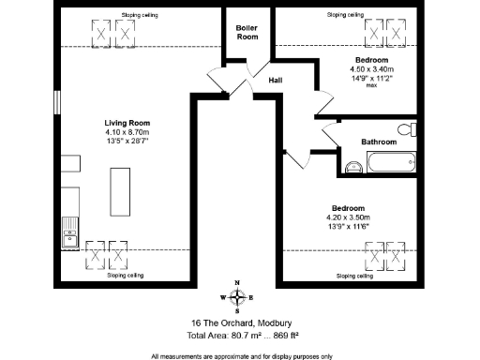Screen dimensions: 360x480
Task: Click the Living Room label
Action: pos(126,124)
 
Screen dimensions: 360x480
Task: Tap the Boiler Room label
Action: pos(247,32)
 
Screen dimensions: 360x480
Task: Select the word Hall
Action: pos(277,81)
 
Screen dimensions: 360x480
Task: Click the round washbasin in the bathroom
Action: pos(353,168)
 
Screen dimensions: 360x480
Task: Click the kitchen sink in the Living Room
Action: pos(68,232)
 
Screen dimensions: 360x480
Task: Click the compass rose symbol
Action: pos(237,297)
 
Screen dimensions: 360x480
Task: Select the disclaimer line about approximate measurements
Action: pos(241,355)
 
